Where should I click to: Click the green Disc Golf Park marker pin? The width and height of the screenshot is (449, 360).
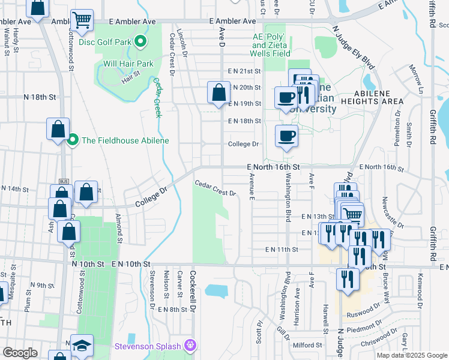140,41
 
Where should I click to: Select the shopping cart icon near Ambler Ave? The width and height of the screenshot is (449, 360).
82,19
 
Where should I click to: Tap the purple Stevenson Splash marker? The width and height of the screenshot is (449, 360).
190,345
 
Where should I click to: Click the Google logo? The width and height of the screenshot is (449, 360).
20,353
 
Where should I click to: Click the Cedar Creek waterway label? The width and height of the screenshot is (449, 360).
158,97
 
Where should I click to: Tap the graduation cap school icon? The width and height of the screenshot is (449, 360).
82,345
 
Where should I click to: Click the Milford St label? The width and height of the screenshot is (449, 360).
307,345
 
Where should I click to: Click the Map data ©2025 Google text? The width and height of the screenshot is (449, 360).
412,355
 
